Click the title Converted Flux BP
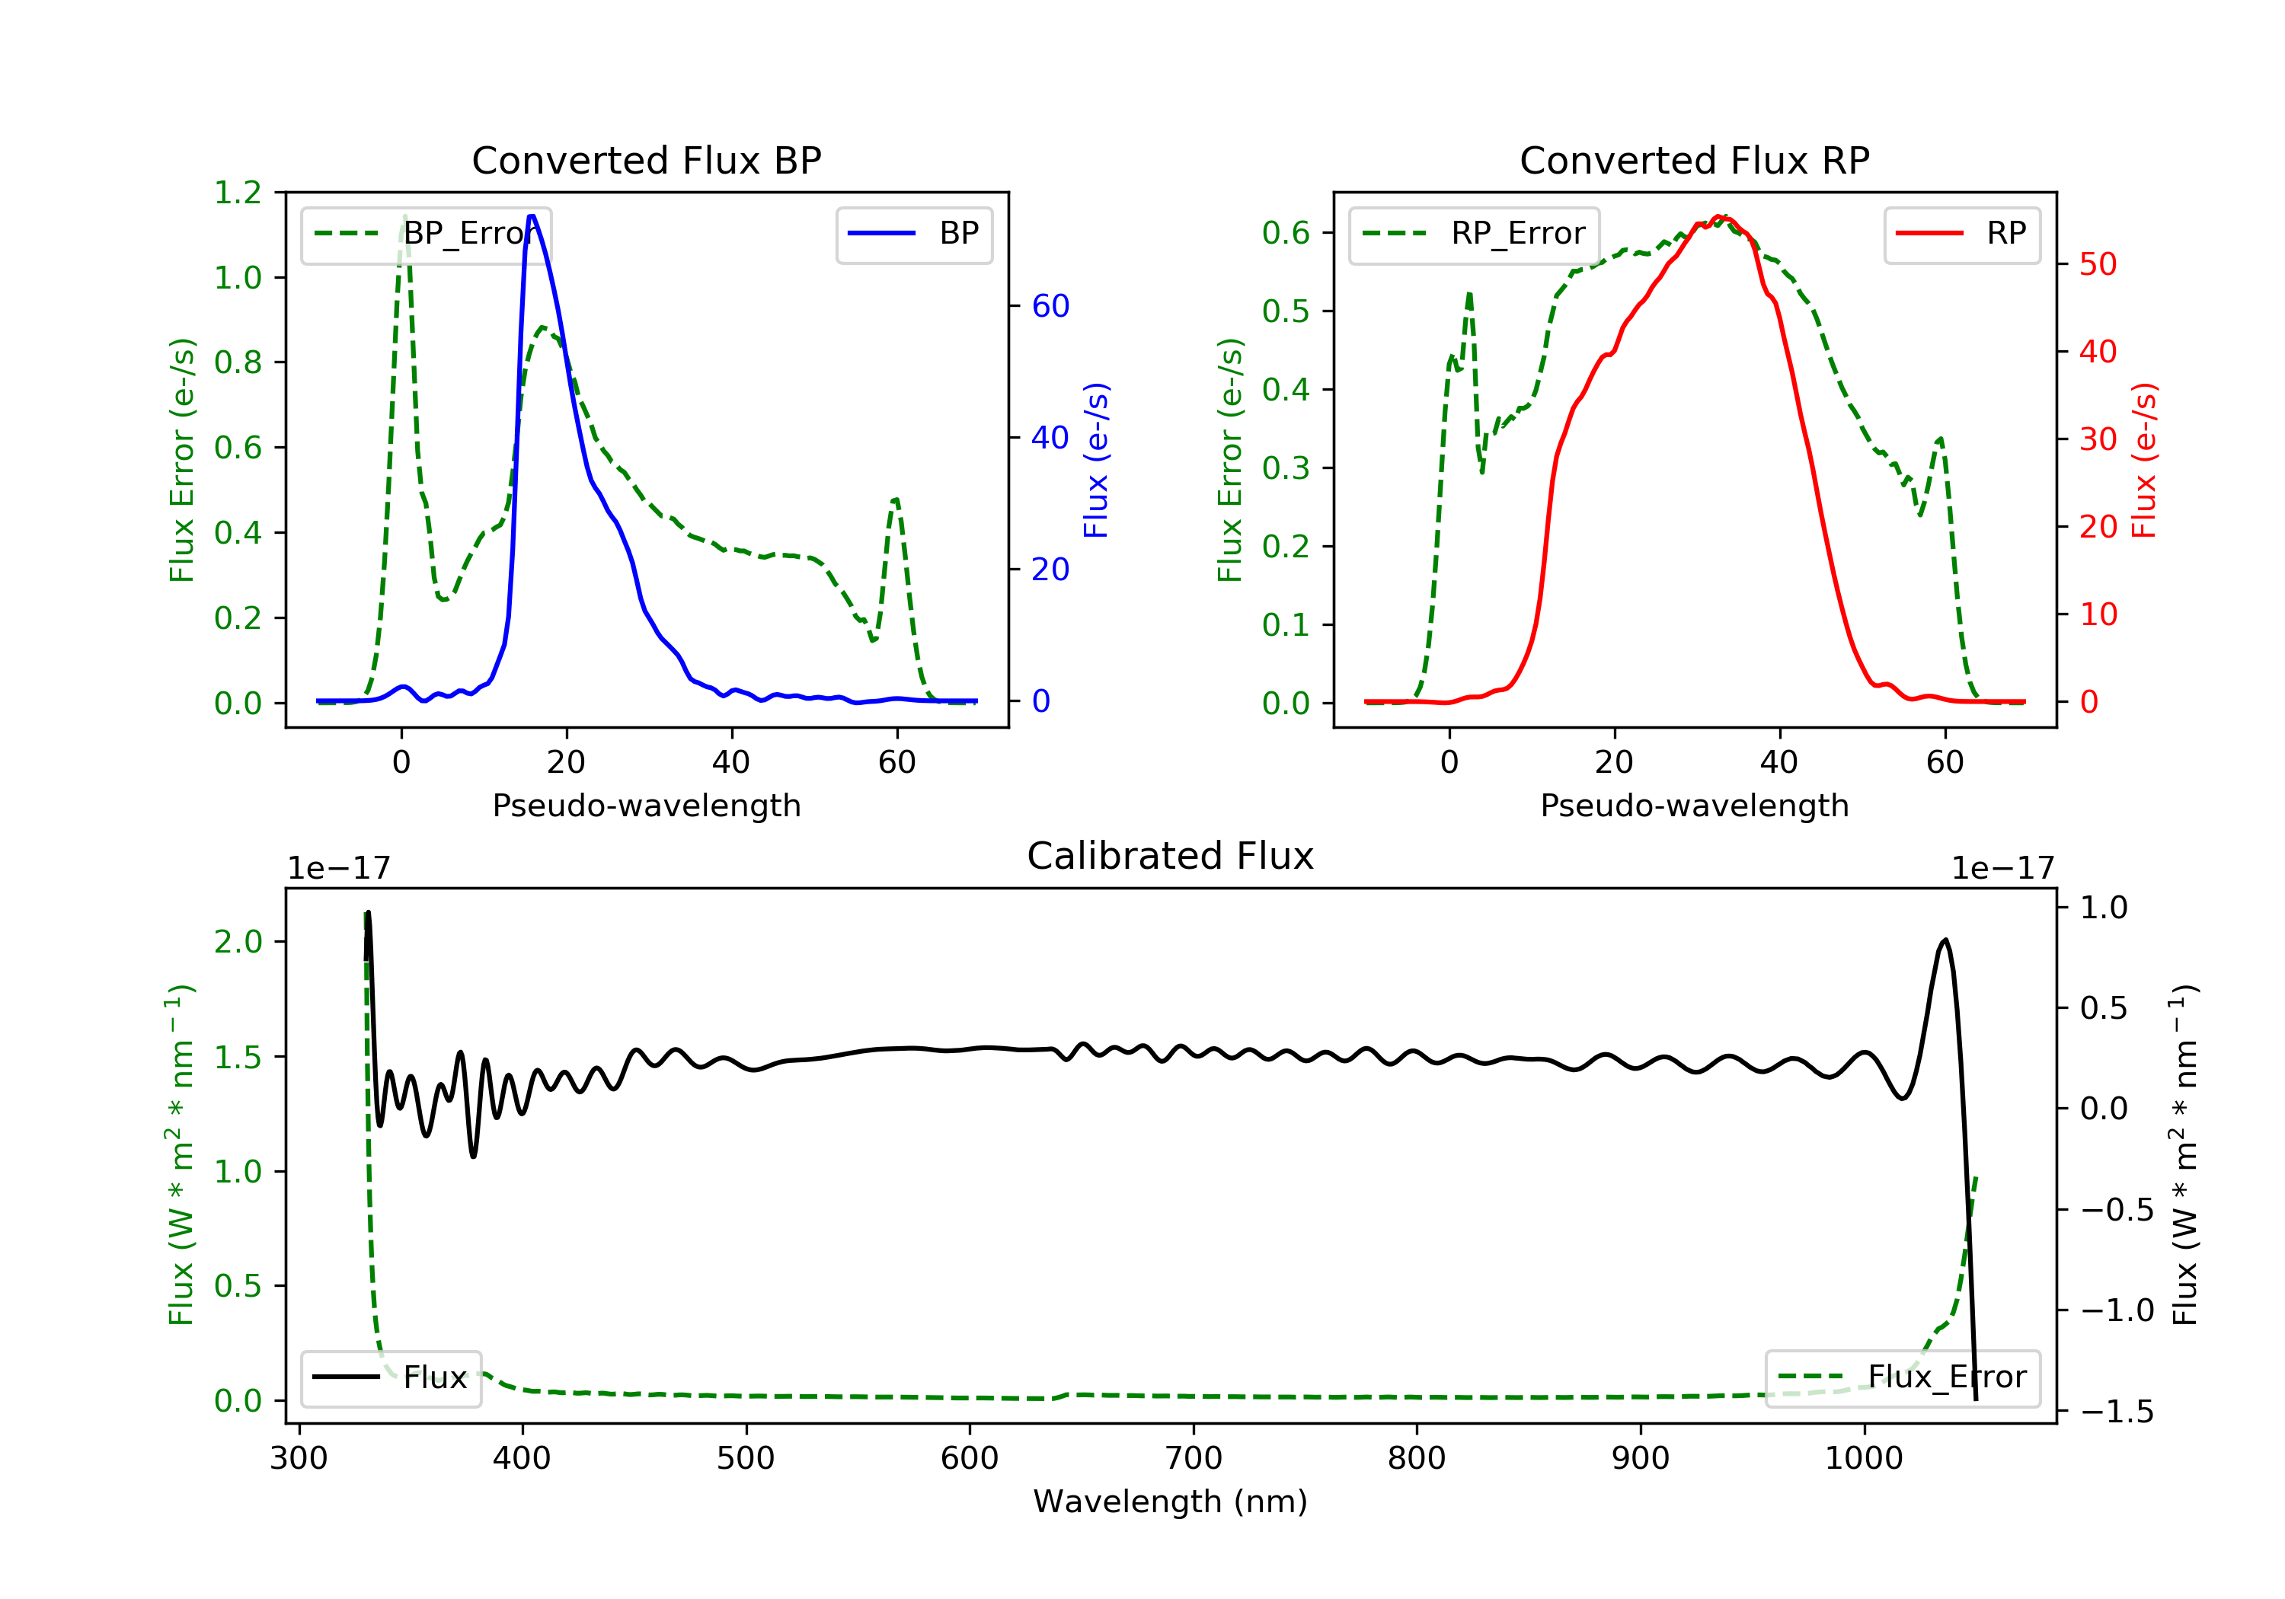point(646,160)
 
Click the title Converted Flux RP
point(1694,160)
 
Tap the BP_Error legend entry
point(426,234)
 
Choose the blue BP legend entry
point(913,234)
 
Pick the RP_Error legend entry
point(1474,234)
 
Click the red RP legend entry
point(1961,234)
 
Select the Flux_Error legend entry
point(1902,1377)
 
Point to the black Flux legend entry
point(390,1377)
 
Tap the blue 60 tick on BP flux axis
point(1050,305)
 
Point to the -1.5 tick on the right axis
point(2116,1412)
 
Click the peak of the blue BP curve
point(532,216)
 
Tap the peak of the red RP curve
point(1720,217)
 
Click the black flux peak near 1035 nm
point(1945,940)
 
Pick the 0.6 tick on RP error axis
point(1286,233)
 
